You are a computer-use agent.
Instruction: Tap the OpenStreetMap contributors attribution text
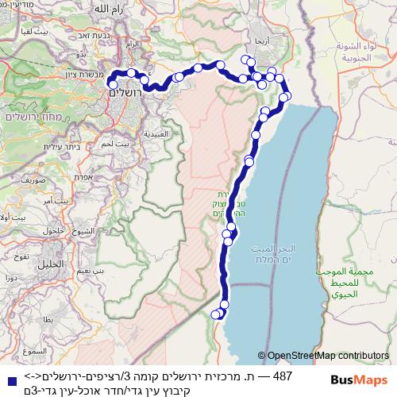click(x=327, y=356)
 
